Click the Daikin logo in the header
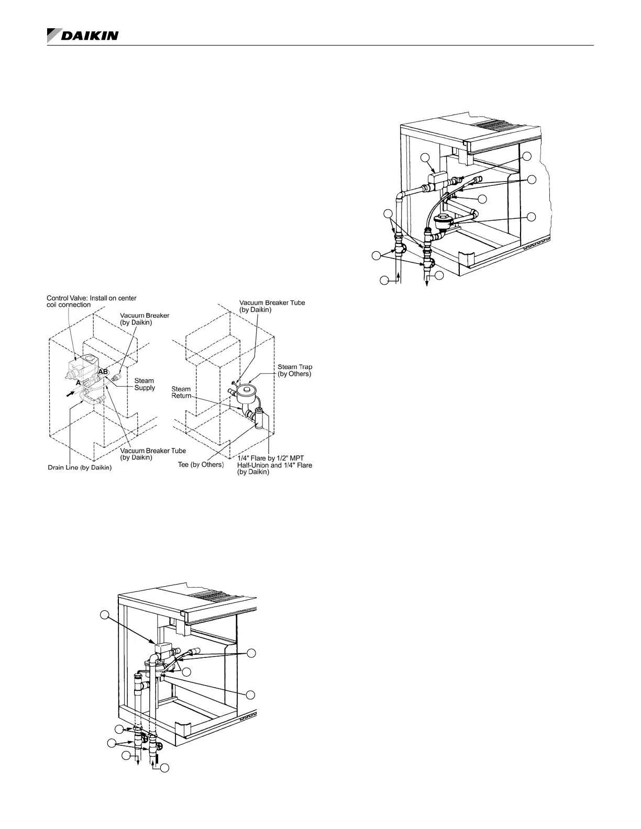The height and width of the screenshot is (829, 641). pos(83,36)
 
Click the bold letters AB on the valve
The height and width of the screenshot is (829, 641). pos(103,371)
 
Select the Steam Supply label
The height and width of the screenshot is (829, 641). pos(145,384)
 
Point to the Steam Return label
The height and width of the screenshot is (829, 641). pos(181,393)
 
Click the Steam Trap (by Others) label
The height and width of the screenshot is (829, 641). pos(294,371)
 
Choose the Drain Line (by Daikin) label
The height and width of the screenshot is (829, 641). pos(80,468)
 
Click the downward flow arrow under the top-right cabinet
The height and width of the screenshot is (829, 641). pos(426,278)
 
